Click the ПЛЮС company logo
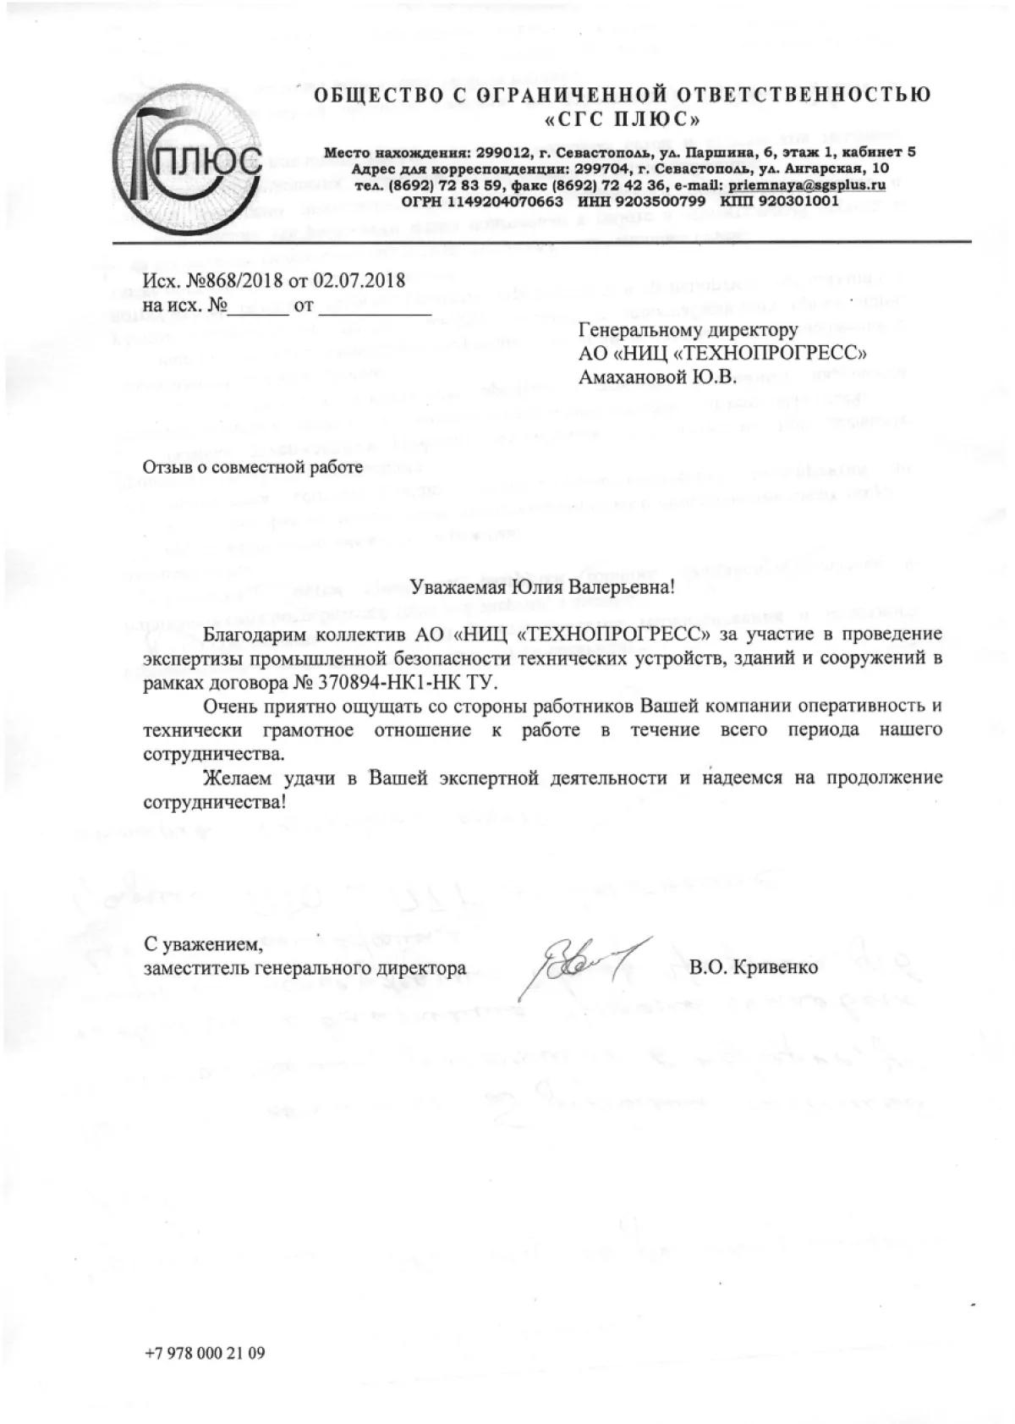click(188, 157)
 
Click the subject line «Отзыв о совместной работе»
click(252, 465)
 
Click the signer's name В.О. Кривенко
click(754, 966)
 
